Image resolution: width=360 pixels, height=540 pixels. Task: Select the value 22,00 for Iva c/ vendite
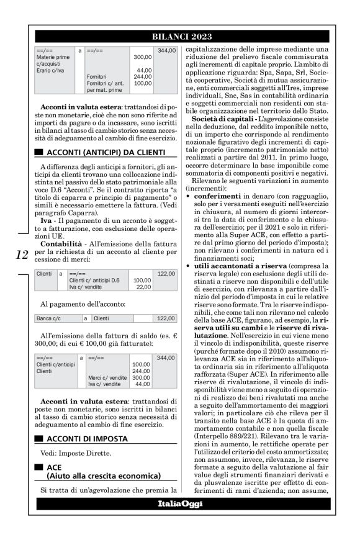coord(143,286)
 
